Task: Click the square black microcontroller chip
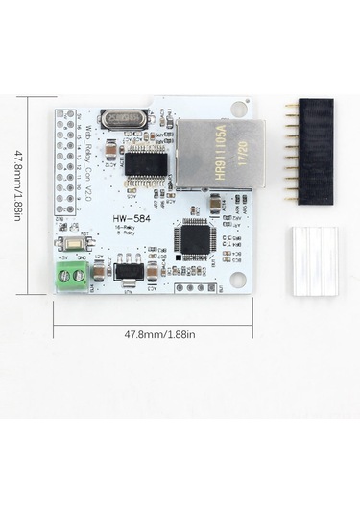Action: point(195,238)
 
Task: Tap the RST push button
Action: point(85,246)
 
